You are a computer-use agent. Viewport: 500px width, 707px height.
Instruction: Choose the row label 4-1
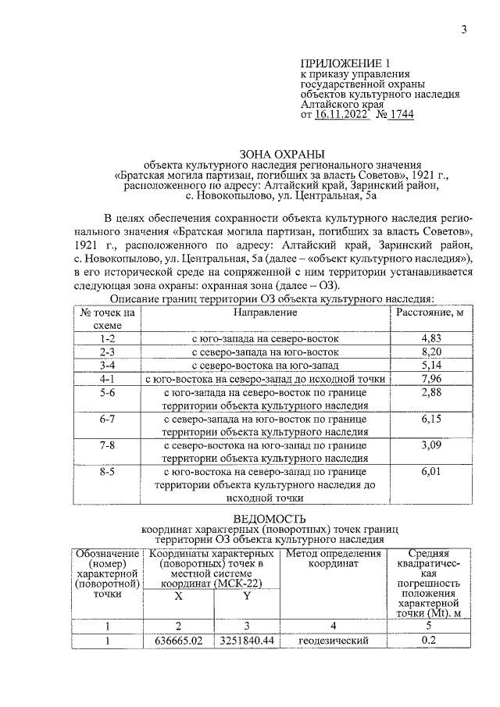pyautogui.click(x=107, y=378)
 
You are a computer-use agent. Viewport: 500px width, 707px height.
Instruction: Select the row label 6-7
pyautogui.click(x=107, y=420)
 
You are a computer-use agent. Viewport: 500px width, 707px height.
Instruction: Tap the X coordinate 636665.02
pyautogui.click(x=178, y=642)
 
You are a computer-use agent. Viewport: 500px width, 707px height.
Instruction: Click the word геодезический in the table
pyautogui.click(x=333, y=642)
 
